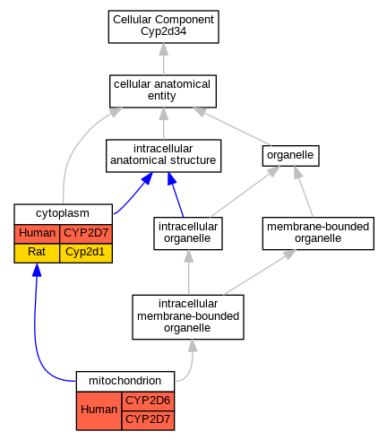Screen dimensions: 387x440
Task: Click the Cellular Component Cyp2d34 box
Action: coord(163,27)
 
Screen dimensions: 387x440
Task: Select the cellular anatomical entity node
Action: coord(163,91)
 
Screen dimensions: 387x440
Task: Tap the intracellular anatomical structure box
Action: coord(163,156)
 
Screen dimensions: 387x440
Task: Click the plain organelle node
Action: coord(290,156)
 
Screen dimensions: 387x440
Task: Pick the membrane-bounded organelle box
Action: coord(318,233)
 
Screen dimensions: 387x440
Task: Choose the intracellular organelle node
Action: coord(188,233)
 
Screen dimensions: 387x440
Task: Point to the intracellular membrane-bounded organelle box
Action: coord(188,317)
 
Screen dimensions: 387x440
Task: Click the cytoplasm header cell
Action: coord(63,214)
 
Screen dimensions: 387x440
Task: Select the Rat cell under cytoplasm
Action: coord(37,254)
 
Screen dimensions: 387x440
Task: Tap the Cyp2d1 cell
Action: coord(86,254)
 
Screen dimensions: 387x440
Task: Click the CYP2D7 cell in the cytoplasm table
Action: coord(86,234)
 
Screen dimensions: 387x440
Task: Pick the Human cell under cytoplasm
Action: coord(37,234)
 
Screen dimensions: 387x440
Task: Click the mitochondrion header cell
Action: coord(125,382)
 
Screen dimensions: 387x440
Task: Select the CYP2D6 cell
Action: coord(148,401)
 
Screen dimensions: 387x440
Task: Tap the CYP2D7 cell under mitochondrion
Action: coord(148,420)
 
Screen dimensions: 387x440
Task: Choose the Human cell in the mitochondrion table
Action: coord(99,411)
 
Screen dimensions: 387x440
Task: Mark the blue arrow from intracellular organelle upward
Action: coord(176,194)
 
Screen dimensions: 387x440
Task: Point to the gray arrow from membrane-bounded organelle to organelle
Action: coord(304,192)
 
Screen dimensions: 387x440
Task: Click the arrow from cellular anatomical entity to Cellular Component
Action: coord(163,59)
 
